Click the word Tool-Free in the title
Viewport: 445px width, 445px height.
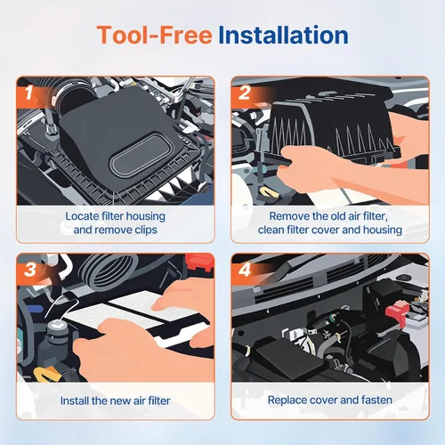click(x=154, y=35)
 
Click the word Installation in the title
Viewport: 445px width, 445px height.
click(x=283, y=35)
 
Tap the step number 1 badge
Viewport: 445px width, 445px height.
click(x=28, y=93)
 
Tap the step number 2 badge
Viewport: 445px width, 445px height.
click(x=244, y=93)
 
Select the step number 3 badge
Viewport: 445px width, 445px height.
click(x=30, y=270)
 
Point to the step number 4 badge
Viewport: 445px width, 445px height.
click(x=245, y=270)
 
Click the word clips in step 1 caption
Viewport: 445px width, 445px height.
click(x=146, y=230)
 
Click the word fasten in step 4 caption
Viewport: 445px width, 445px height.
click(x=376, y=400)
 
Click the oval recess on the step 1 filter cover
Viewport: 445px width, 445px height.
click(x=140, y=155)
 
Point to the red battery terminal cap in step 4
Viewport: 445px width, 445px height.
click(x=397, y=313)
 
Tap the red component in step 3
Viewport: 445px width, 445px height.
click(x=199, y=263)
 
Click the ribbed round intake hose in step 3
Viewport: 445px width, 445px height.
click(x=109, y=272)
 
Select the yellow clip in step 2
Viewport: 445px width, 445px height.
click(x=269, y=193)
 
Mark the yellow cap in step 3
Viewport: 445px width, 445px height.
click(x=47, y=375)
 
